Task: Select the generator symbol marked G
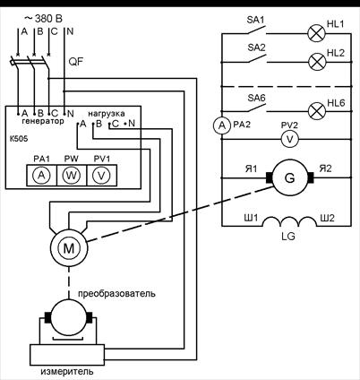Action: click(x=289, y=177)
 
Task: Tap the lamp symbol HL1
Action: click(x=317, y=33)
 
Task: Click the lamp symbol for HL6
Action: click(x=317, y=111)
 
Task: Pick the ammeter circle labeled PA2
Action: click(x=222, y=125)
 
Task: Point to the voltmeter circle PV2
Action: click(x=289, y=139)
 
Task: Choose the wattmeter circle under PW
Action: click(x=72, y=176)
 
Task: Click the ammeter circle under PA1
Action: click(x=41, y=176)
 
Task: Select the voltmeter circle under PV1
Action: click(x=101, y=176)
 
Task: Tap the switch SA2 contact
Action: click(x=257, y=58)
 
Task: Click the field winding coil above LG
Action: click(x=289, y=221)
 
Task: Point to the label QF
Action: click(x=76, y=62)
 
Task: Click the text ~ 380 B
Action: click(x=43, y=19)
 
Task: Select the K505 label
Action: click(x=18, y=139)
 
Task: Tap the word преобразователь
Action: click(x=116, y=293)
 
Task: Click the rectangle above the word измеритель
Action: click(x=67, y=355)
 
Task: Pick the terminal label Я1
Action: click(x=251, y=169)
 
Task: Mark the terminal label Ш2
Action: click(x=327, y=219)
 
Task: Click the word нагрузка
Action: click(x=107, y=114)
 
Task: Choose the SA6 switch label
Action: click(x=256, y=98)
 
